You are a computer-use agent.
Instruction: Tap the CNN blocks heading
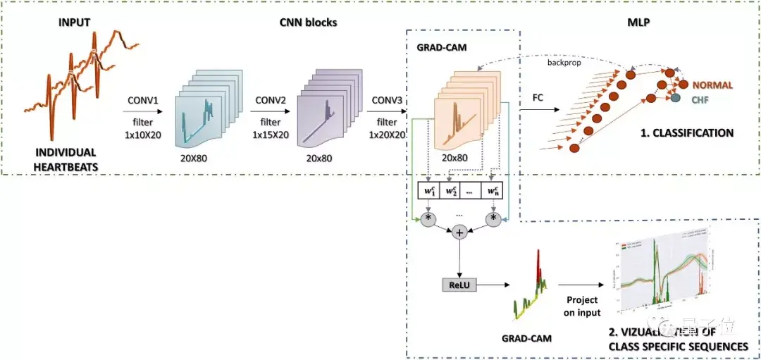point(307,22)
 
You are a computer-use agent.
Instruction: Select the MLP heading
point(638,22)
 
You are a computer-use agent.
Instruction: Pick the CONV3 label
point(388,100)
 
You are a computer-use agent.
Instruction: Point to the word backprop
point(564,62)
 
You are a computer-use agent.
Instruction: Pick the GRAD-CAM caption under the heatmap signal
point(527,338)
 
